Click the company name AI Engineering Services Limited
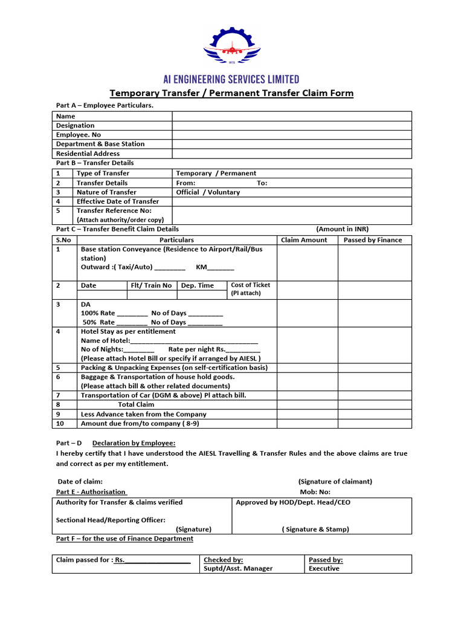click(231, 79)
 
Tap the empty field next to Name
click(291, 116)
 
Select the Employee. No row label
click(79, 135)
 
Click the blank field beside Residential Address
click(291, 154)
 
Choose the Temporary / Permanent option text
click(216, 173)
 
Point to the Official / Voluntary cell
click(208, 192)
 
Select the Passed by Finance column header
click(373, 240)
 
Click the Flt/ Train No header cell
click(151, 285)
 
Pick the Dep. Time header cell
click(197, 285)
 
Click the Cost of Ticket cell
click(251, 289)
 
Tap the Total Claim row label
click(136, 404)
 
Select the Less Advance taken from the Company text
click(143, 414)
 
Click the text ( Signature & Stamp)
click(315, 529)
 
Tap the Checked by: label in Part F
click(223, 560)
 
